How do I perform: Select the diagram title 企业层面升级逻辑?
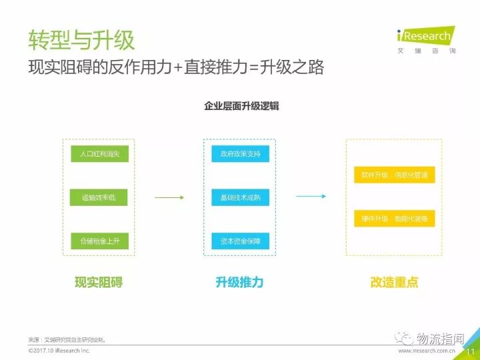(x=241, y=105)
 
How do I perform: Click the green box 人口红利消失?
(x=99, y=154)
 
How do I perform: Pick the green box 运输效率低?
(x=99, y=197)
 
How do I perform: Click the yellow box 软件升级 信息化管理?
(x=394, y=175)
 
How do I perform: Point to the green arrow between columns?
(x=169, y=197)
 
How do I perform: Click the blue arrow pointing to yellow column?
(x=311, y=196)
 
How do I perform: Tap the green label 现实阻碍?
(x=99, y=282)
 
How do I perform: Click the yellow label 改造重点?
(x=394, y=282)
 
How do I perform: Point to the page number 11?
(x=470, y=351)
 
